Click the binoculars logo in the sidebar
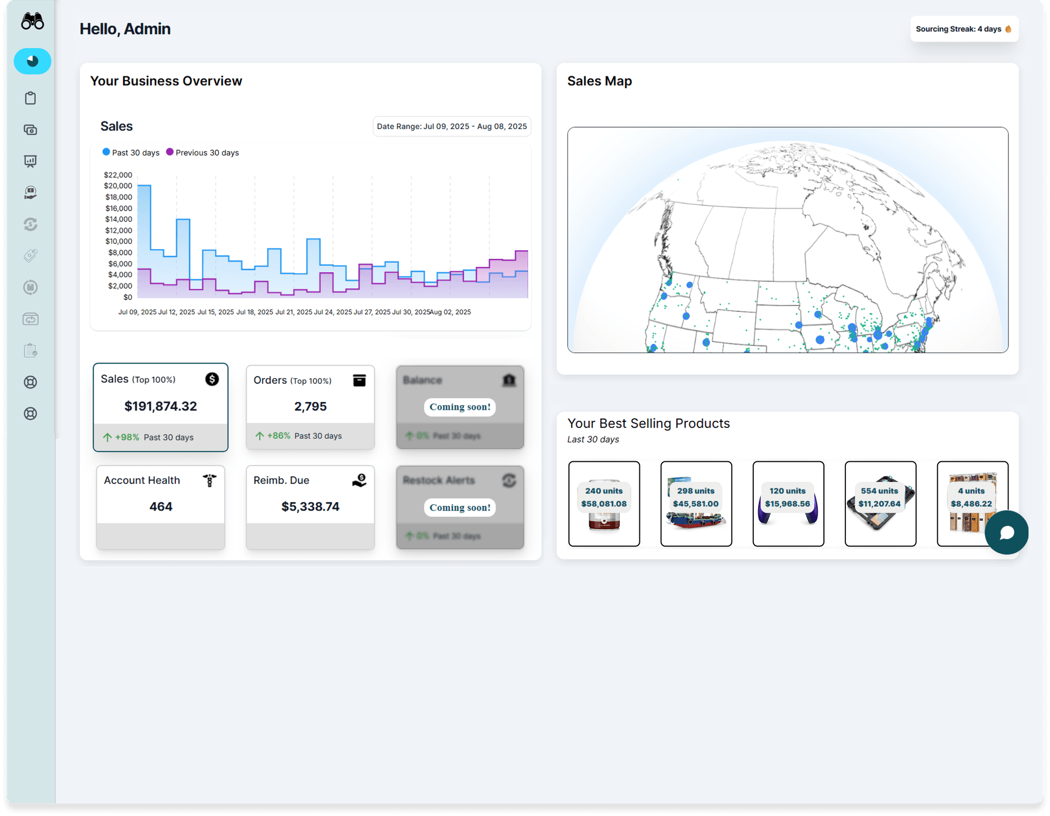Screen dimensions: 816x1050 (x=32, y=22)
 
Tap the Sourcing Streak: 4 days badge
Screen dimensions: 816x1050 (x=963, y=29)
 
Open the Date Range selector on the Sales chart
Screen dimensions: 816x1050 (x=451, y=127)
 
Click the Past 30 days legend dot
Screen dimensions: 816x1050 (x=106, y=152)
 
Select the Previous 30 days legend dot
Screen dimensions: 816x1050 (x=170, y=152)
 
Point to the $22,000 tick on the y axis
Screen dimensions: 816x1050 (x=118, y=175)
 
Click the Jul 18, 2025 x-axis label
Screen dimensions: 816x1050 (x=254, y=312)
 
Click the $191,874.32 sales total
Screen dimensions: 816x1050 (x=160, y=406)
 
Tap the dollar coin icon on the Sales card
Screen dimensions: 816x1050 (x=212, y=379)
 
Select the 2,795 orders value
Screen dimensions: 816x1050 (x=310, y=406)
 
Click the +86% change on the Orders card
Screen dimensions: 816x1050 (x=278, y=436)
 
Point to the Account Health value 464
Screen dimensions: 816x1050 (x=160, y=507)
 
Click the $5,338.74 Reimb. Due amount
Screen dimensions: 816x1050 (x=310, y=507)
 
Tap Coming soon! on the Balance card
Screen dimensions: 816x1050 (x=460, y=407)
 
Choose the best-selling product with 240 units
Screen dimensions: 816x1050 (x=604, y=504)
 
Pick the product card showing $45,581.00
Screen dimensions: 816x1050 (x=696, y=504)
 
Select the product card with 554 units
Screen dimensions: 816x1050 (x=880, y=504)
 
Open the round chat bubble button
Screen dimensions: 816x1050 (x=1006, y=533)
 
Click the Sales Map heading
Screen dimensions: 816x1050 (x=599, y=81)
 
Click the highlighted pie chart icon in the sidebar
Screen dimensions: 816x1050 (x=32, y=62)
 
